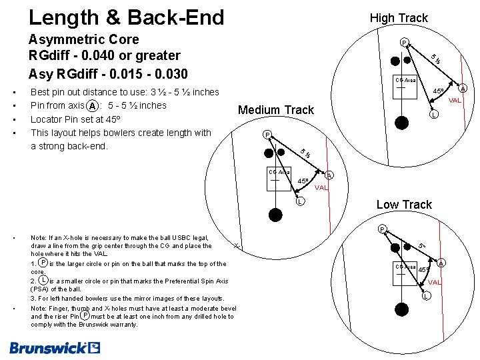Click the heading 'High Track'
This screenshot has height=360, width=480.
pyautogui.click(x=399, y=18)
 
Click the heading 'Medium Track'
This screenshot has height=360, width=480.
pyautogui.click(x=276, y=110)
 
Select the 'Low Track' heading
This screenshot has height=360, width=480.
pyautogui.click(x=404, y=205)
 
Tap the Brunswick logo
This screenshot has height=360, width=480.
pyautogui.click(x=55, y=347)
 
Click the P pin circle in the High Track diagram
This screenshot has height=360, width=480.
pyautogui.click(x=403, y=43)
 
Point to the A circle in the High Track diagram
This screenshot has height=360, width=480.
pyautogui.click(x=463, y=89)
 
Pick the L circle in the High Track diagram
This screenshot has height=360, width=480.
pyautogui.click(x=433, y=115)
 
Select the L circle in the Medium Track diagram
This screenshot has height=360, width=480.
pyautogui.click(x=301, y=201)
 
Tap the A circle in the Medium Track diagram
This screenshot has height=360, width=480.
pyautogui.click(x=329, y=175)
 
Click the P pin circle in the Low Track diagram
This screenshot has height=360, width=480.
pyautogui.click(x=381, y=230)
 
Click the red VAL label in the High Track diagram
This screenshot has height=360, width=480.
pyautogui.click(x=455, y=101)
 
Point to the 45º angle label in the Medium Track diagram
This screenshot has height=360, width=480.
pyautogui.click(x=303, y=181)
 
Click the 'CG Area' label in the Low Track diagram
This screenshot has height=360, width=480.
pyautogui.click(x=405, y=267)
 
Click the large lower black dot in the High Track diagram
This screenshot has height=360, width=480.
pyautogui.click(x=401, y=122)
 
